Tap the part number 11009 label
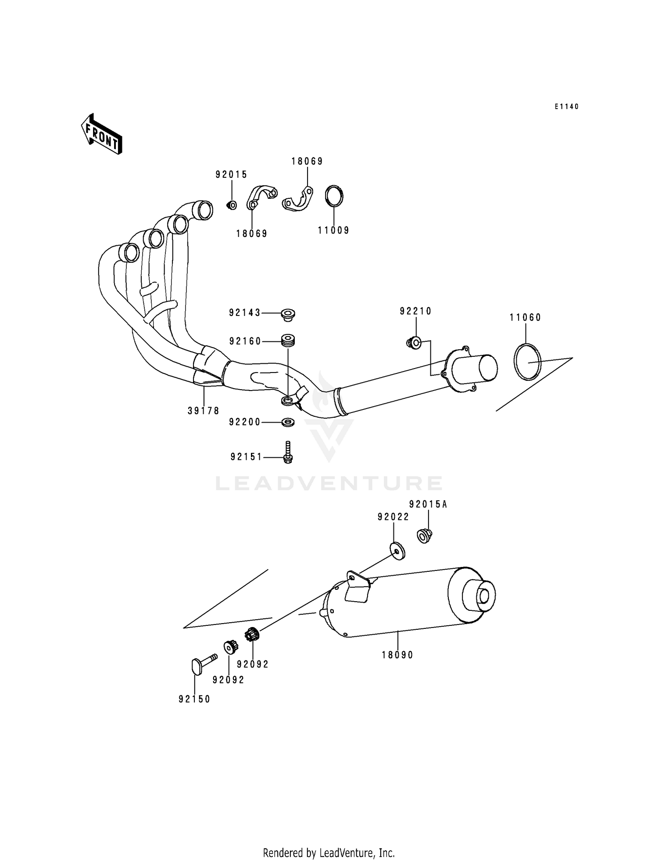333,230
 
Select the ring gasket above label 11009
334,196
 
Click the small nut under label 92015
232,205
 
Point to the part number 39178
204,411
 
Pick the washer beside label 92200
288,422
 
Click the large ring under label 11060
527,362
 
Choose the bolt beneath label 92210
414,342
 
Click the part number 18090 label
397,655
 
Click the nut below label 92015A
424,536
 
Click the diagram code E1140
566,107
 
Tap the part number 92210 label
415,311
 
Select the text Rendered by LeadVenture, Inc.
329,853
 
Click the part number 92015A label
428,505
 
